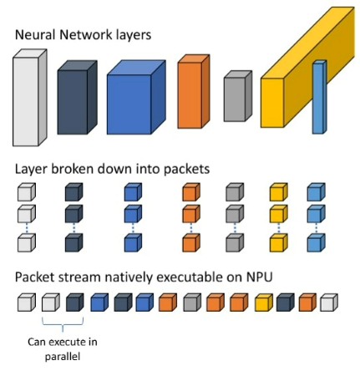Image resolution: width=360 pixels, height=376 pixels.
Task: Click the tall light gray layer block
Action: [29, 98]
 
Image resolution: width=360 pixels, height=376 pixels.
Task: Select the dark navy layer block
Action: [77, 97]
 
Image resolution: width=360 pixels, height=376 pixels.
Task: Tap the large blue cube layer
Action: [136, 97]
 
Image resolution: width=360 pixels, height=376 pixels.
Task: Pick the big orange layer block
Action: [194, 92]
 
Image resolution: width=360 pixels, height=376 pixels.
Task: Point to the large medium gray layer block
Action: [238, 96]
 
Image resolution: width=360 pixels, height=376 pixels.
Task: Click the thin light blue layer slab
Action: [319, 97]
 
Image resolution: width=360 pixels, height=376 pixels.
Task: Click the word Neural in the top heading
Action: [35, 35]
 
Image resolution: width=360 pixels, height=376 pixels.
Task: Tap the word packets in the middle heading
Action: [186, 169]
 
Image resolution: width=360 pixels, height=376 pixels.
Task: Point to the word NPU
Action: [259, 277]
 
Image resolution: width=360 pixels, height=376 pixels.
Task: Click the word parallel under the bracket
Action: [63, 357]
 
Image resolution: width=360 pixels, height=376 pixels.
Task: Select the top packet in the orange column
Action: [191, 192]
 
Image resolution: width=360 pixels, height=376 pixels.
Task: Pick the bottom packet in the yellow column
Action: [279, 243]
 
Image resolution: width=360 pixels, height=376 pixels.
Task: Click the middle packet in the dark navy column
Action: [74, 214]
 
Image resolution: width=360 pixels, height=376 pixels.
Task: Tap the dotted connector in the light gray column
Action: [27, 228]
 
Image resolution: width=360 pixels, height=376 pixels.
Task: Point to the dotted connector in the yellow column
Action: [279, 228]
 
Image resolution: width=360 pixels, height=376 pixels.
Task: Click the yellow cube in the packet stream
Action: [264, 302]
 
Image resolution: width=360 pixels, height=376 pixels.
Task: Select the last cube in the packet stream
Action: [329, 302]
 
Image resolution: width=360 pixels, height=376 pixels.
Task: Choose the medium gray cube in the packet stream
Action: [192, 302]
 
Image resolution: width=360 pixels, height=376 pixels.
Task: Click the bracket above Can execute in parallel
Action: [63, 324]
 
